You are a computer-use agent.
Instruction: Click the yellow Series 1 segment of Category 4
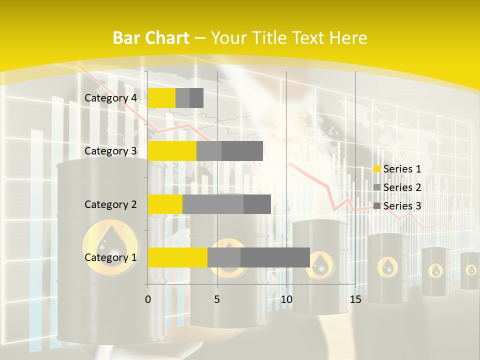[161, 98]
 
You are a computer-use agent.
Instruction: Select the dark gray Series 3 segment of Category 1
[275, 257]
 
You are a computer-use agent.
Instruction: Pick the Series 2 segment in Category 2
[213, 204]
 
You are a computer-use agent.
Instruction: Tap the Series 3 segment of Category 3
[242, 151]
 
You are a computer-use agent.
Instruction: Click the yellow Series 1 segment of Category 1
[177, 257]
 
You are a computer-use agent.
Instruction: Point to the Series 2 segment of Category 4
[182, 98]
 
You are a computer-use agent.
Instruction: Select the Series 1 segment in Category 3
[172, 151]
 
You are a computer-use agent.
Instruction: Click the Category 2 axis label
[110, 204]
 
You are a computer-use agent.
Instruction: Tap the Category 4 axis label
[110, 98]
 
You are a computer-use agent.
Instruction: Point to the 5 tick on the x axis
[217, 299]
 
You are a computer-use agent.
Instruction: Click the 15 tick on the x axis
[355, 299]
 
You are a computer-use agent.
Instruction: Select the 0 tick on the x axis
[148, 299]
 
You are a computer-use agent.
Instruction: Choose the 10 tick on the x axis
[286, 299]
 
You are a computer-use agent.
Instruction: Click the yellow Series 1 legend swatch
[377, 169]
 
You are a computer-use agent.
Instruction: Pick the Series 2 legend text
[402, 187]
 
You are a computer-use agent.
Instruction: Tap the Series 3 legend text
[402, 206]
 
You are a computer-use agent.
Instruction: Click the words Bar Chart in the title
[151, 38]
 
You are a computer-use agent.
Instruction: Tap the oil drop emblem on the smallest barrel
[471, 270]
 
